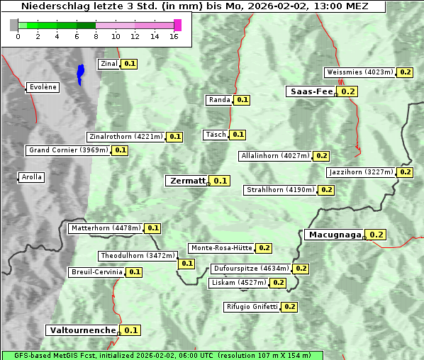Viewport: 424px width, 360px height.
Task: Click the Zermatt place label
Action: point(186,181)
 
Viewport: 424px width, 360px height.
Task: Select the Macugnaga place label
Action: point(334,235)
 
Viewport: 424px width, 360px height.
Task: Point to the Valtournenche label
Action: point(82,330)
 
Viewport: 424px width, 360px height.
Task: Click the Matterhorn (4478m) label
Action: point(106,228)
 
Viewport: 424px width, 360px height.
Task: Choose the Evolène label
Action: point(43,87)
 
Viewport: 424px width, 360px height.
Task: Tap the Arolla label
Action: point(31,177)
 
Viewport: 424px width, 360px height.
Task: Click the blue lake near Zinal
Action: point(80,74)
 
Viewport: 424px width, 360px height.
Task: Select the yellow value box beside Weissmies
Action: point(406,72)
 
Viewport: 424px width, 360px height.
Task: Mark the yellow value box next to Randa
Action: point(242,100)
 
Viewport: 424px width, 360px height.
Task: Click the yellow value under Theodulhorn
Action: point(186,264)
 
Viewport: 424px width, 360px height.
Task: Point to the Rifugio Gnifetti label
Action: point(252,307)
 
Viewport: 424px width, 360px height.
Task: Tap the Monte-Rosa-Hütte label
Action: point(221,248)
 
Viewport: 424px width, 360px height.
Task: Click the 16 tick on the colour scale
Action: point(174,36)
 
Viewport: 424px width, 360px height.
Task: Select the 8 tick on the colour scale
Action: point(96,36)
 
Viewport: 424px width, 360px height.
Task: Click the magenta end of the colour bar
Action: point(177,26)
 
